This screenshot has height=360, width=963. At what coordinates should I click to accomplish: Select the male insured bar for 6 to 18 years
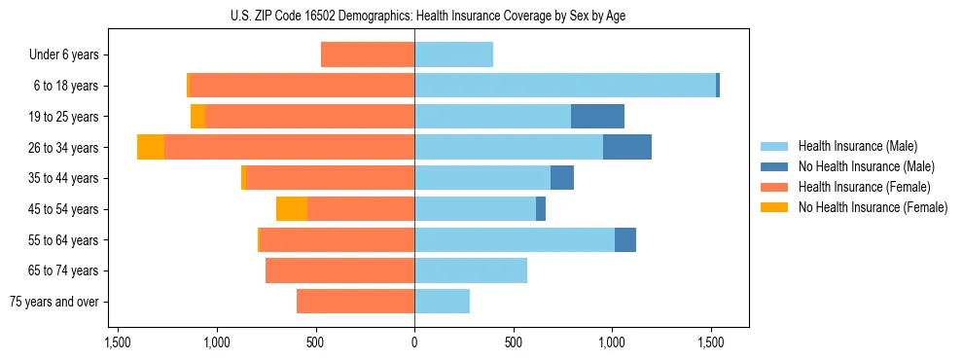pos(564,86)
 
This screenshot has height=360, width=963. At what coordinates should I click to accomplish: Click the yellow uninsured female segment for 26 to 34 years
pos(151,147)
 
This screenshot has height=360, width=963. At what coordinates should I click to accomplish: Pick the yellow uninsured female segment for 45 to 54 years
pos(292,209)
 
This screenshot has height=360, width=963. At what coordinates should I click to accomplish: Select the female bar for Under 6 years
pos(368,54)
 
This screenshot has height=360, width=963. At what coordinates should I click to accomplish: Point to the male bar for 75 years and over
pos(442,302)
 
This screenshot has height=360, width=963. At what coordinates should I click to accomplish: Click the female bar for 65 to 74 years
pos(339,270)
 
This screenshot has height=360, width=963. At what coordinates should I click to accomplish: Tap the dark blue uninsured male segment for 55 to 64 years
pos(625,239)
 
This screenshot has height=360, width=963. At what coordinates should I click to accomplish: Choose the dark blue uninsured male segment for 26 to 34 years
pos(627,147)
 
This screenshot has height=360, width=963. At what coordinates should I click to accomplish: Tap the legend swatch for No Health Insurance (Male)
pos(775,166)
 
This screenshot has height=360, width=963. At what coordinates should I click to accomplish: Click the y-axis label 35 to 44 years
pos(63,178)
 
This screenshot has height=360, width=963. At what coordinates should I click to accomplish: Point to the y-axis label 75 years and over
pos(56,302)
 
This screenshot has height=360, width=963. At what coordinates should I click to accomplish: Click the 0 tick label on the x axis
pos(414,342)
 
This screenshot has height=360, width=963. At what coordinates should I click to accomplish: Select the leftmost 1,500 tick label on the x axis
pos(117,342)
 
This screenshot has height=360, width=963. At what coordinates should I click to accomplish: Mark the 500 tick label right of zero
pos(514,342)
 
